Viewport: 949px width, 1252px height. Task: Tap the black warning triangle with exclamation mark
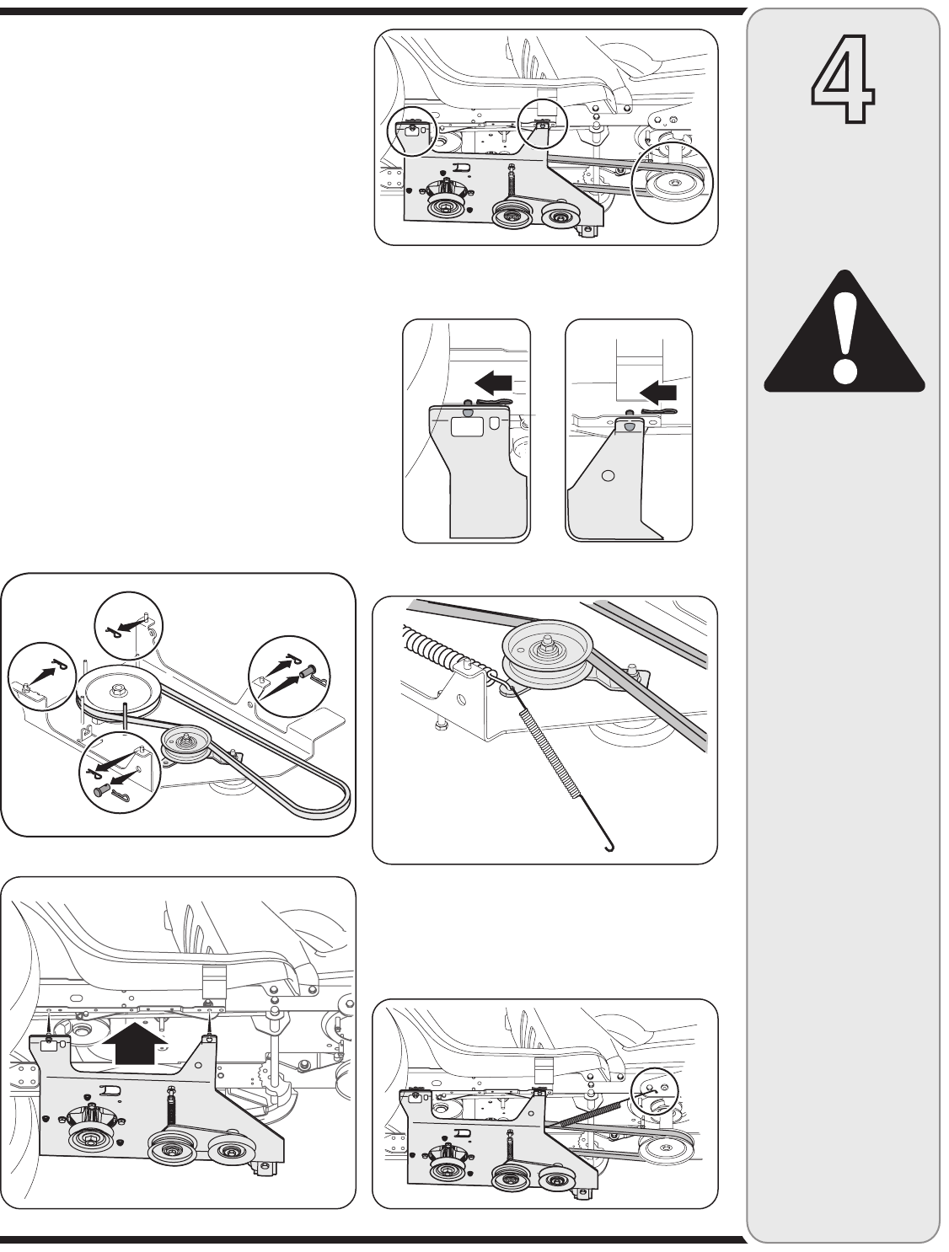(x=844, y=334)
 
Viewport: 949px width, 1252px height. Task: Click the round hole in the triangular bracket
(x=609, y=475)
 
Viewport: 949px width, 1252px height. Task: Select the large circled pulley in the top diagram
(x=672, y=186)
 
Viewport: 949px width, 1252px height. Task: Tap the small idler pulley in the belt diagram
(x=185, y=741)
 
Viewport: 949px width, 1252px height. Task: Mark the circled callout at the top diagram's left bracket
(x=410, y=131)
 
